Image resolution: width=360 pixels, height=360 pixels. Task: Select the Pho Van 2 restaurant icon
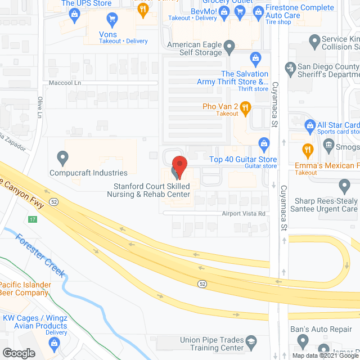point(245,107)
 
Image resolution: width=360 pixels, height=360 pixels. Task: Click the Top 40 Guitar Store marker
point(262,142)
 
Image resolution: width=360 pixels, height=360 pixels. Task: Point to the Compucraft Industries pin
point(62,156)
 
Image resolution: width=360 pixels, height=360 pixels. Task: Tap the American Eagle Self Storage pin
point(229,46)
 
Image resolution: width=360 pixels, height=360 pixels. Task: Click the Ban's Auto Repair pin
point(303,340)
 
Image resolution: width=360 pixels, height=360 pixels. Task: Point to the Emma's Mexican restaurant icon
point(307,150)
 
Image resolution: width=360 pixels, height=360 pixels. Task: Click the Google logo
point(18,353)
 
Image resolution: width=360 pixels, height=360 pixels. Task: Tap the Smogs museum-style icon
point(329,146)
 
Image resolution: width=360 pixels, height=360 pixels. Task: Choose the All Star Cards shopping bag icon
point(309,124)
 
